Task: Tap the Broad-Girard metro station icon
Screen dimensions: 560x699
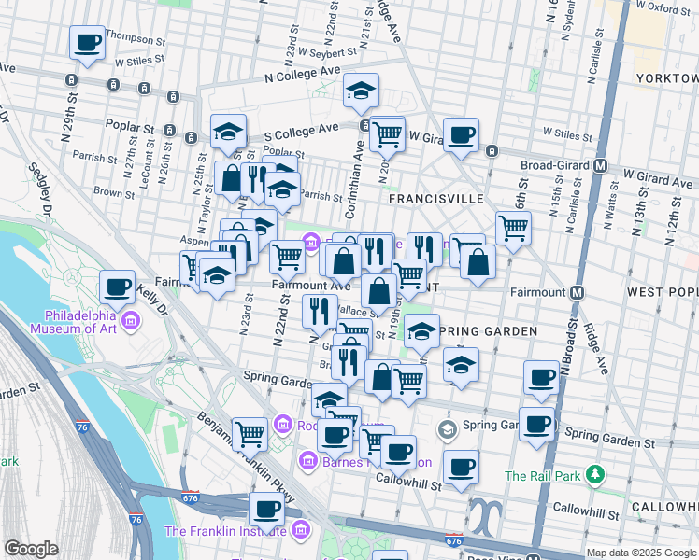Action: point(601,165)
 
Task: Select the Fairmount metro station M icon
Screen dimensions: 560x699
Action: point(578,292)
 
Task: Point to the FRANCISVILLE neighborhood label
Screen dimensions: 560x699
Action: point(435,199)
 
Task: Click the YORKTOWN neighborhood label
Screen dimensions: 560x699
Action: point(665,78)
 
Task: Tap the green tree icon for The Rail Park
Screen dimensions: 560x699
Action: point(595,475)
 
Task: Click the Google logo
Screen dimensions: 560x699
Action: point(31,549)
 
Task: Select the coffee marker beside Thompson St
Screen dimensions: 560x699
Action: point(88,42)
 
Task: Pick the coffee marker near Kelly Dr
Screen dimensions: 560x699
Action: point(118,287)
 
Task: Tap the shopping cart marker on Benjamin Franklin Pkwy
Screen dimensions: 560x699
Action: point(250,433)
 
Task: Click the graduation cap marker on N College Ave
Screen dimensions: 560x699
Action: point(361,90)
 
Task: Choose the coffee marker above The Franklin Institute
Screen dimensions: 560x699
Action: point(266,510)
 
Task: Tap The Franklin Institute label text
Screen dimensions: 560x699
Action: point(223,531)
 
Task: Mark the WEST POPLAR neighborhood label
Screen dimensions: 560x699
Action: point(662,292)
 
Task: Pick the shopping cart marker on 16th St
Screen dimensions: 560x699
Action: point(513,227)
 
